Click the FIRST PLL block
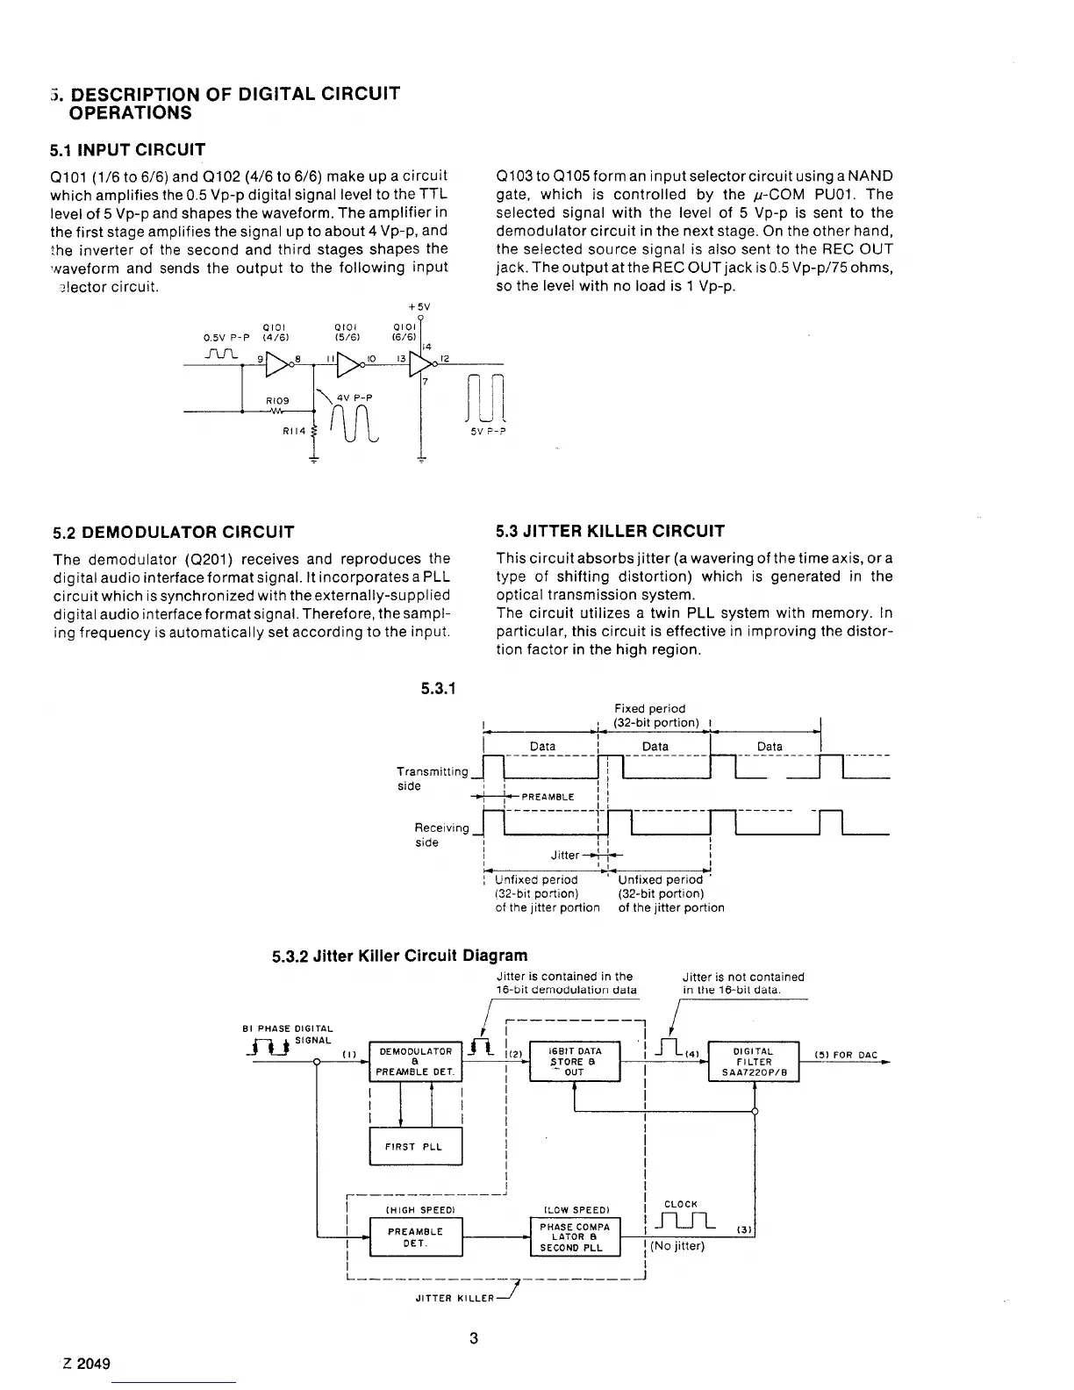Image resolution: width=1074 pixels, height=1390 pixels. [415, 1146]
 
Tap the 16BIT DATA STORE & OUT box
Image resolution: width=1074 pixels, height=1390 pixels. [575, 1060]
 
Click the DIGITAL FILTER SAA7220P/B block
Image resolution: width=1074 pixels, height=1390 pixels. [754, 1060]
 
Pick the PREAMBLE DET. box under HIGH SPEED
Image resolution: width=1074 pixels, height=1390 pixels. [415, 1236]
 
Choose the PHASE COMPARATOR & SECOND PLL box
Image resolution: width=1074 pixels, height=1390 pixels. [575, 1236]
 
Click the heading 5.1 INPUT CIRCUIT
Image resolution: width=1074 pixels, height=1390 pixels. [128, 149]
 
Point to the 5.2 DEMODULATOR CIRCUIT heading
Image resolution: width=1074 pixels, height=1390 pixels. [173, 532]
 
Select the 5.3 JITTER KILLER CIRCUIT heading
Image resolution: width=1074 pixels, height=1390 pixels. [611, 531]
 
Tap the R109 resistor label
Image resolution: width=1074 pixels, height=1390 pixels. [277, 400]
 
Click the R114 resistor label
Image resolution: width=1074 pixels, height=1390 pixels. [293, 431]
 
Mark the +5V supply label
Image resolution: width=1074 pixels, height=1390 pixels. [419, 307]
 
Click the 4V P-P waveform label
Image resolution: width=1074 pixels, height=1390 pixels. [357, 398]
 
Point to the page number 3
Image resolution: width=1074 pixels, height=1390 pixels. [474, 1338]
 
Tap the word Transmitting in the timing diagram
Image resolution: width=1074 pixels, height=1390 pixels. [433, 771]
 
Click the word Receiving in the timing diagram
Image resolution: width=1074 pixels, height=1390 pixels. [441, 828]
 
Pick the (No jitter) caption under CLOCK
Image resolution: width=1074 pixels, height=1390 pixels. [677, 1245]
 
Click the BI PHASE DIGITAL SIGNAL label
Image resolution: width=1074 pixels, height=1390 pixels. [288, 1033]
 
